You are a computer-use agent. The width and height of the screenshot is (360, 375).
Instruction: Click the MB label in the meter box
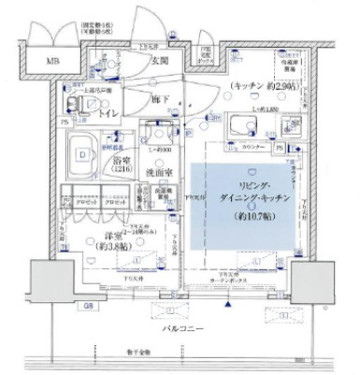point(44,64)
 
